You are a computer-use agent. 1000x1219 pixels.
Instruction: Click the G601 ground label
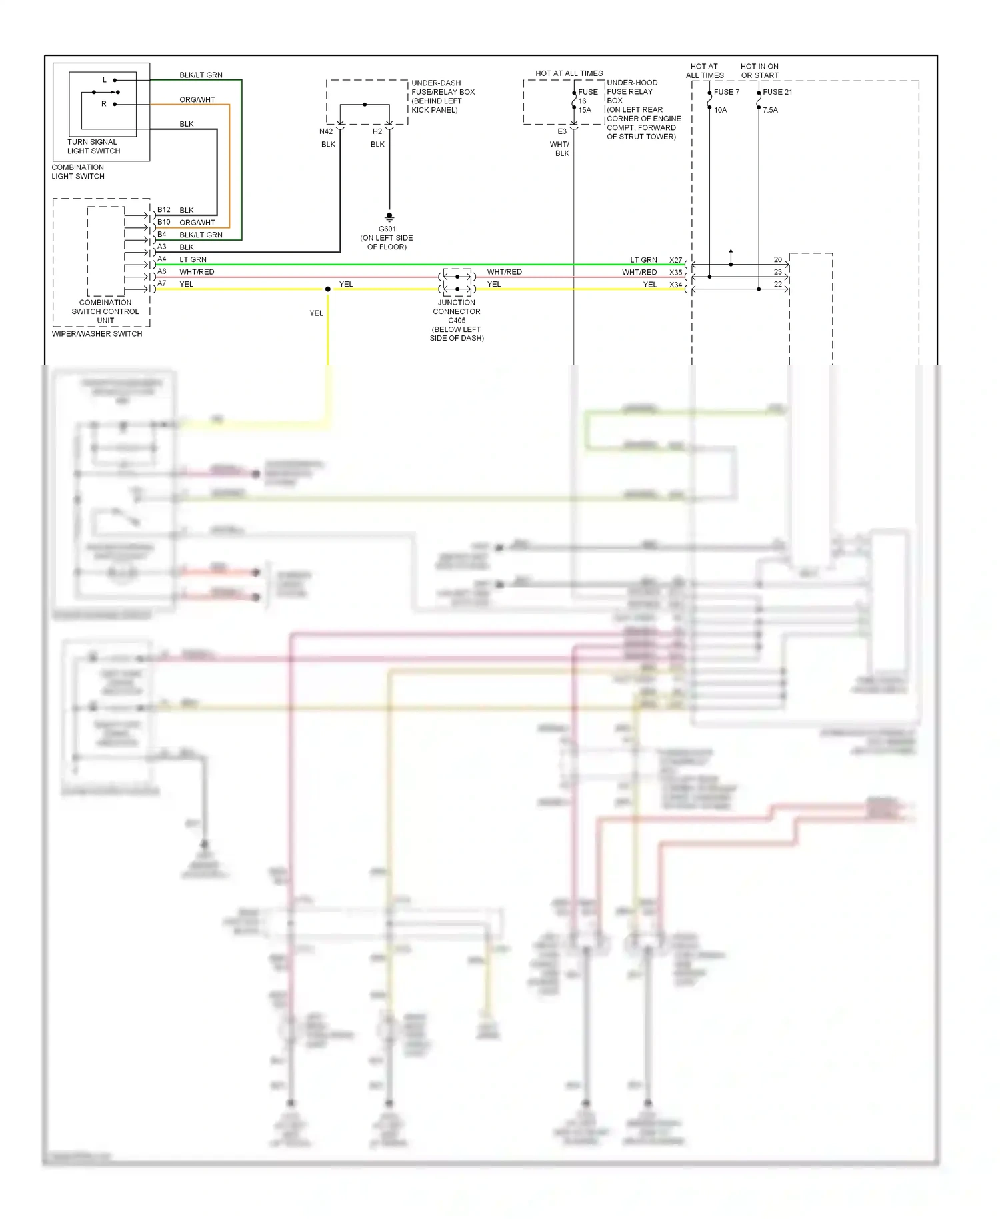click(387, 229)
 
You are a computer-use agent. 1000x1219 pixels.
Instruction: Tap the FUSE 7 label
click(727, 92)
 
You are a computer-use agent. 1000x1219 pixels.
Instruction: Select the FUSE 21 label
click(777, 92)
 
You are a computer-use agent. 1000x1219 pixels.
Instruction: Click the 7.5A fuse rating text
click(770, 110)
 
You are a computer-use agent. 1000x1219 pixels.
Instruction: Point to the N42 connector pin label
click(325, 131)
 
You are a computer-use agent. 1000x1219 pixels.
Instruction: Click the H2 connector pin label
click(377, 131)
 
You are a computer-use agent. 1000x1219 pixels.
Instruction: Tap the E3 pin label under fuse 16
click(562, 131)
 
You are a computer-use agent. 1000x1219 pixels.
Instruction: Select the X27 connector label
click(675, 260)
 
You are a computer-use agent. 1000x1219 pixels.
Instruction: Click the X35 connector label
click(675, 272)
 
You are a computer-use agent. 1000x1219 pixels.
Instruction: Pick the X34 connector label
click(675, 285)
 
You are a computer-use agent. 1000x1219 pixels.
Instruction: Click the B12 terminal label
click(163, 209)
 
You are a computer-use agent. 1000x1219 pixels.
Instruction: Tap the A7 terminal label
click(161, 283)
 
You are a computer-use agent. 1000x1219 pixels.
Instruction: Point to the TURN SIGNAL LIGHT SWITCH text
click(93, 146)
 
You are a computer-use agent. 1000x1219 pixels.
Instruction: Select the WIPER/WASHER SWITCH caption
click(97, 333)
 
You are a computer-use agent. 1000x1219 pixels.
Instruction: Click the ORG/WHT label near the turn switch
click(197, 99)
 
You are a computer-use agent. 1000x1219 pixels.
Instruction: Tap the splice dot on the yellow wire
click(327, 289)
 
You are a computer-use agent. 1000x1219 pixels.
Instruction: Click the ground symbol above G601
click(389, 217)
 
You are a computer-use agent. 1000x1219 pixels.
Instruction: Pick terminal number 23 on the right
click(777, 272)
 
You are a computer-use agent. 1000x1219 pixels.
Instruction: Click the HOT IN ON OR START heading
click(759, 71)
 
